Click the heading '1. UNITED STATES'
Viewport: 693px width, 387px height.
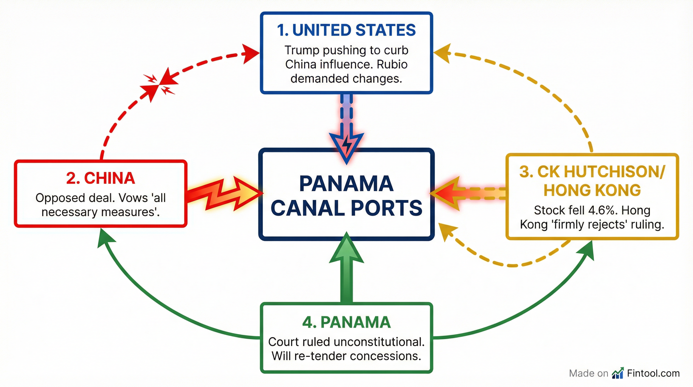(346, 30)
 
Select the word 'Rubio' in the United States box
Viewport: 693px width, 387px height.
(392, 64)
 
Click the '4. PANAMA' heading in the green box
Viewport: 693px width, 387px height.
(346, 322)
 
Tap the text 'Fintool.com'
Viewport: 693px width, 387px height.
(653, 373)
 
